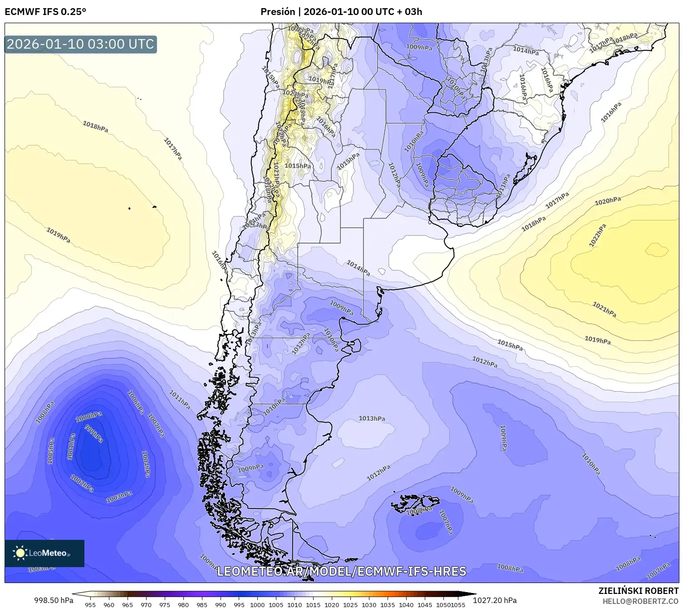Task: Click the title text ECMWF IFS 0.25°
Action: click(x=45, y=12)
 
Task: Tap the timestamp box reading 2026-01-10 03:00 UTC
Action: click(x=81, y=44)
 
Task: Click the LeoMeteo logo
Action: click(x=44, y=553)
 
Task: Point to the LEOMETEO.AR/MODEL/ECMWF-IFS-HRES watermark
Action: click(x=341, y=571)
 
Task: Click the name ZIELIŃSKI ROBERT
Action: click(x=639, y=591)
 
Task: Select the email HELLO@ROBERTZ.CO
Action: click(x=640, y=601)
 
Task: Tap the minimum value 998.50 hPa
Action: click(x=54, y=600)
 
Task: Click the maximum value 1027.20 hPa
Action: click(x=495, y=600)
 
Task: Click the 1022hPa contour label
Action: click(x=597, y=235)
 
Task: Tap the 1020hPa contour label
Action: click(x=608, y=200)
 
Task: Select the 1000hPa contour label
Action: click(x=88, y=417)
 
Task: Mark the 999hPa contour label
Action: click(x=94, y=435)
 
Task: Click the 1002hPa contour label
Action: click(x=82, y=483)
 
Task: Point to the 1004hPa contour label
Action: click(x=146, y=464)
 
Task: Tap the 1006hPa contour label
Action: click(x=135, y=402)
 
